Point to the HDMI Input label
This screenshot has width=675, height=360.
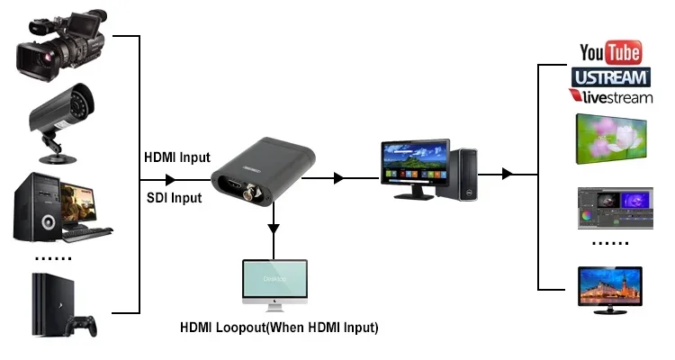pos(177,157)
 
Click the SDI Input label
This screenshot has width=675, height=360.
pos(175,196)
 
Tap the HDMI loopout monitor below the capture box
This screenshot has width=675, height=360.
pos(274,284)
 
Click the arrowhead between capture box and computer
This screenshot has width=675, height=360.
pos(338,178)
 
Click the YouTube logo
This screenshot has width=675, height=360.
pos(610,51)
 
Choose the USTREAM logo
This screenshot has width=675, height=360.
pos(609,76)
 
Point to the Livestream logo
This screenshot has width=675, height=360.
pos(609,95)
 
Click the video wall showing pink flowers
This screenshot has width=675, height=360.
pos(609,137)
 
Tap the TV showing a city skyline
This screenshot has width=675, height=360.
pos(609,289)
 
